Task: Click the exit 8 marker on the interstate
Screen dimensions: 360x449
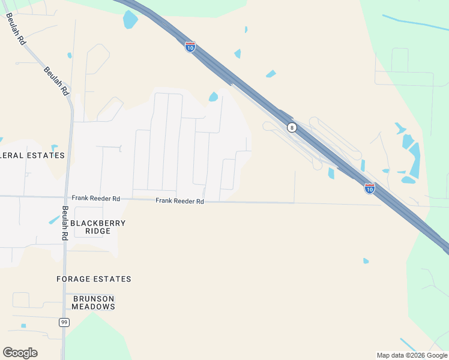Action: (292, 127)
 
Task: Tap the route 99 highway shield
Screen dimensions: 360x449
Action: (64, 322)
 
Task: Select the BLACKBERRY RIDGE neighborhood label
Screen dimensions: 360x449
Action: (98, 227)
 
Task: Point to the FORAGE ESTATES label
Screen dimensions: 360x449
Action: (94, 279)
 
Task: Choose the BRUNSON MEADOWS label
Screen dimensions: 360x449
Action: (94, 302)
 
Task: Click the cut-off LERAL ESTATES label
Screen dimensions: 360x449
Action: (32, 155)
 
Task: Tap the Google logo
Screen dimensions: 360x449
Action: (20, 353)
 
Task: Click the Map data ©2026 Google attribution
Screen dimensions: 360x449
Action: (412, 355)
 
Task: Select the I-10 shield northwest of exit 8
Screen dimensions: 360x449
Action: (190, 47)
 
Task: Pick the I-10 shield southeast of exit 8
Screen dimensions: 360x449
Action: (370, 188)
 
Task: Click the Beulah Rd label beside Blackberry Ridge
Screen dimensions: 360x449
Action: (65, 223)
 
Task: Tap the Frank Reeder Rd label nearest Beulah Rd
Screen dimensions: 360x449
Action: (96, 197)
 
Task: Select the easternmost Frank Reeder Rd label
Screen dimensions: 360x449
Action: (180, 201)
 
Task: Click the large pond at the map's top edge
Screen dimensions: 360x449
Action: (130, 19)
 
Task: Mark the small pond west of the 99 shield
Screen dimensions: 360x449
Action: (23, 326)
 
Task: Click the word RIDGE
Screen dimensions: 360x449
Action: (98, 231)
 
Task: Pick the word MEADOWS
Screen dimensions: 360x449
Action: (94, 307)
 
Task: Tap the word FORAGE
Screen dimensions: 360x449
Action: (74, 279)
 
